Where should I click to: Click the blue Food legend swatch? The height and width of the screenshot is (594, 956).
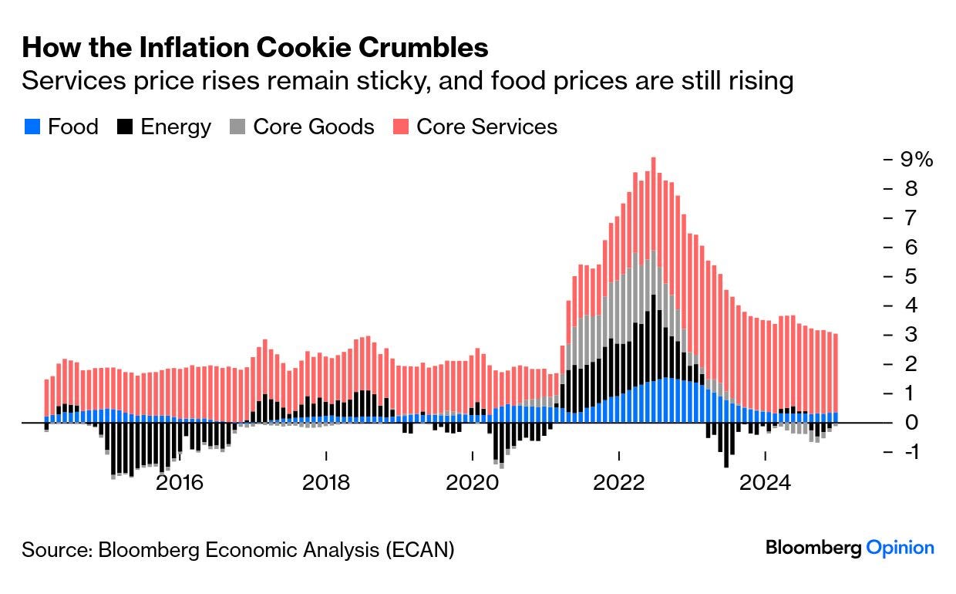(32, 127)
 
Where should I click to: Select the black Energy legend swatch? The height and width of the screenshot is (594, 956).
(125, 127)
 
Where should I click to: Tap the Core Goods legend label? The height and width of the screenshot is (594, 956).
(314, 127)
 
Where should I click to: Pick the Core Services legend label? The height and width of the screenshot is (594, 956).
(486, 127)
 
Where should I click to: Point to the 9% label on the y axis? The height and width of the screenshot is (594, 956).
(917, 160)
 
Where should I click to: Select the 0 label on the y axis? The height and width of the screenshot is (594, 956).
(912, 423)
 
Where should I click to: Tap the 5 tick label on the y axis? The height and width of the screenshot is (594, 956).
(911, 276)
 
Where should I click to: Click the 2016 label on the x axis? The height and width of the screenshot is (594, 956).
(180, 483)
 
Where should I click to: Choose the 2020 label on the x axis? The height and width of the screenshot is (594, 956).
(473, 483)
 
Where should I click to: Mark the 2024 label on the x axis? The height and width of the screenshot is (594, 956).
(766, 483)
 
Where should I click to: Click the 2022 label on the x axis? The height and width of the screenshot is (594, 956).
(619, 483)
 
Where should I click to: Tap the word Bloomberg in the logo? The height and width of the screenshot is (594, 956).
(813, 548)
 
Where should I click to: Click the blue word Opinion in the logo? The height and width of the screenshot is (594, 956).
(900, 548)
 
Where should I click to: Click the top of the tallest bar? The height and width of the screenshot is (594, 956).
(653, 159)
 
